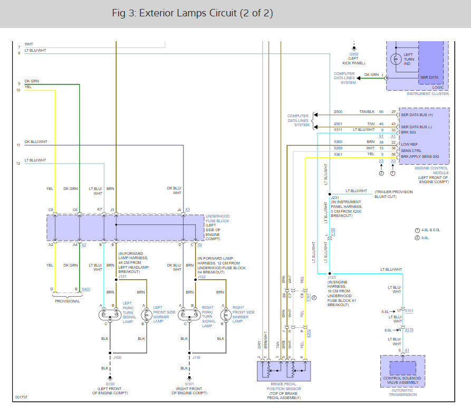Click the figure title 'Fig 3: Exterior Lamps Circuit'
point(174,13)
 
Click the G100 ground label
point(110,384)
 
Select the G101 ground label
point(189,384)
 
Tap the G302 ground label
point(353,54)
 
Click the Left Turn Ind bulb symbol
point(396,59)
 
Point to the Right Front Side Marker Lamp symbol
point(226,315)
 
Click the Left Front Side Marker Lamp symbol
point(147,315)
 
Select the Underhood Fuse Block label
point(217,219)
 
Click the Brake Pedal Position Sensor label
point(284,386)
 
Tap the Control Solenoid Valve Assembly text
point(402,381)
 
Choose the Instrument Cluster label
point(427,94)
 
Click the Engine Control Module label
point(431,170)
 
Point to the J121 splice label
point(122,276)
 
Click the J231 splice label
point(335,198)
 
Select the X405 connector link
point(86,289)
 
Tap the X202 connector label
point(308,333)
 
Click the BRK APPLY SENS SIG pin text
point(420,157)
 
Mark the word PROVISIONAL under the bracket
point(68,301)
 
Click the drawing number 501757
point(21,397)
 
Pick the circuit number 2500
point(338,112)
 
